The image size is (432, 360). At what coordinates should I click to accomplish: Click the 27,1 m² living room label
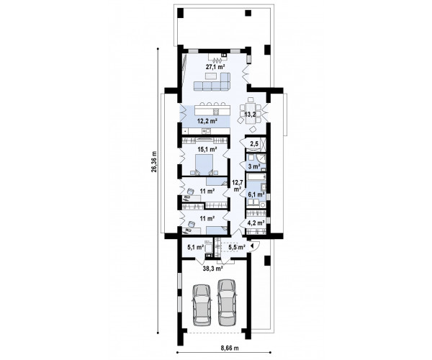coord(215,67)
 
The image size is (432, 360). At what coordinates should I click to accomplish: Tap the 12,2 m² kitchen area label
coord(207,120)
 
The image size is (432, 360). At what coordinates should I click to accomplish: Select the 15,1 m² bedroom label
coord(207,149)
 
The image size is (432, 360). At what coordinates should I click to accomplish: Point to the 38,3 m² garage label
coord(213,267)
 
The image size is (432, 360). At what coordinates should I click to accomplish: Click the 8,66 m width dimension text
coord(230,348)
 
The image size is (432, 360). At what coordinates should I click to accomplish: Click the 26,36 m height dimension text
coord(154,162)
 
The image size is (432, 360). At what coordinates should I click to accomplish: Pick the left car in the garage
coord(202,305)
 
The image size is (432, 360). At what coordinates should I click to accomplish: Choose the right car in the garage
coord(227,302)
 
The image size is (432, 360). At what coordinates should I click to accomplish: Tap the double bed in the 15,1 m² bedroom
coord(204,164)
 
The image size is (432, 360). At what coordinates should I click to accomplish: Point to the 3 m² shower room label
coord(254,166)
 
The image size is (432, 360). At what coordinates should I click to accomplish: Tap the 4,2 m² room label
coord(256,222)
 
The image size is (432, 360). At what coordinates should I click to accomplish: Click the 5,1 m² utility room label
coord(196,247)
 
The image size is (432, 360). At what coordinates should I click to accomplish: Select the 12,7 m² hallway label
coord(237,185)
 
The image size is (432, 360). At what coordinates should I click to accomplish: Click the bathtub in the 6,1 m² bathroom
coord(256,176)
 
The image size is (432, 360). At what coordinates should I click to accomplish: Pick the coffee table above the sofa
coord(211,76)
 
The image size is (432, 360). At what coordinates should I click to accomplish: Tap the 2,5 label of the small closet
coord(254,143)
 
